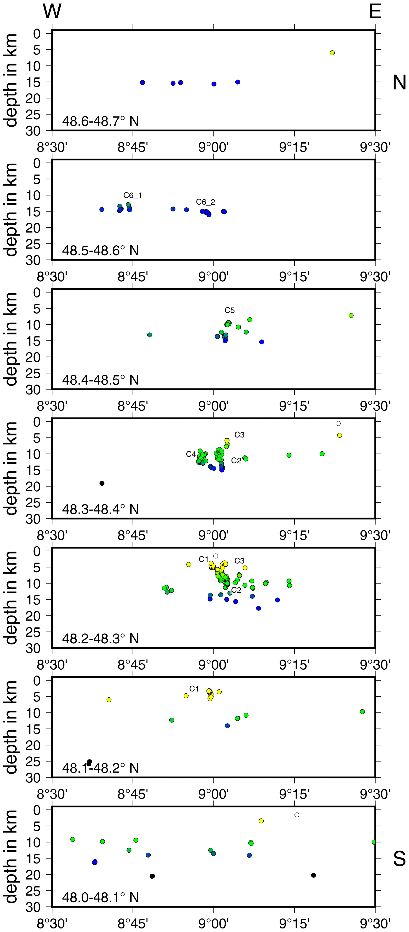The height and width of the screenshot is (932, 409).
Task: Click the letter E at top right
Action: coord(375,11)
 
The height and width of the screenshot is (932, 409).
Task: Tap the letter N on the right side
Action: coord(399,83)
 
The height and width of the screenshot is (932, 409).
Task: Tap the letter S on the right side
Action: coord(399,858)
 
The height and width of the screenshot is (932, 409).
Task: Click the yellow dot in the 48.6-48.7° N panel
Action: coord(332,53)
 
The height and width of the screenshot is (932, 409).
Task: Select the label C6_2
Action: coord(205,202)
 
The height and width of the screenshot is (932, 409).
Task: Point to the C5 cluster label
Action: coord(230,310)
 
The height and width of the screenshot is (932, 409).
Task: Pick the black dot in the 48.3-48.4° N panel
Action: coord(102,483)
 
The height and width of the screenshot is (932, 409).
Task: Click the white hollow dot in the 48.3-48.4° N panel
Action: coord(338,423)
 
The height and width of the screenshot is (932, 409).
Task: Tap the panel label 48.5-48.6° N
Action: coord(100,250)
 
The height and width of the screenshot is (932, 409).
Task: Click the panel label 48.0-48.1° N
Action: coord(100,897)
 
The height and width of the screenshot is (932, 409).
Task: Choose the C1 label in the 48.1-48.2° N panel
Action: coord(194,689)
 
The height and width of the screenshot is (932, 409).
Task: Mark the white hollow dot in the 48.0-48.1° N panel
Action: coord(297,815)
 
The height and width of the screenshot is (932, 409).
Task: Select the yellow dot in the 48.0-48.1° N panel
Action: coord(261,821)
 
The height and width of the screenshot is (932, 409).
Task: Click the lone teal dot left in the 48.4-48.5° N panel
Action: coord(149,335)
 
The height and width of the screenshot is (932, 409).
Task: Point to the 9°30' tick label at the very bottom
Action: coord(375,924)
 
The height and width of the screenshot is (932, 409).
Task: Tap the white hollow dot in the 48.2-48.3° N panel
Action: coord(215,556)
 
